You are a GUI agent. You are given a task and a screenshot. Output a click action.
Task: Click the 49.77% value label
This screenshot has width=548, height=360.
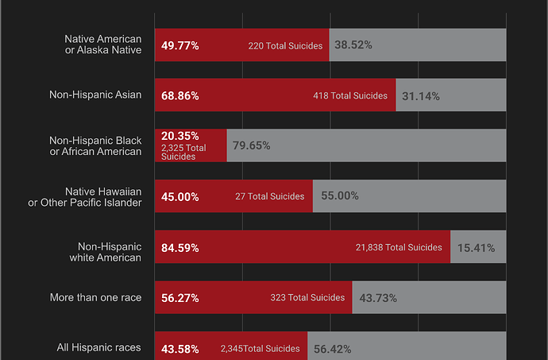point(179,46)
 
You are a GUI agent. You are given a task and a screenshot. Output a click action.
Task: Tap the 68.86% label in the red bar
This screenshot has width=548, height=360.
point(179,96)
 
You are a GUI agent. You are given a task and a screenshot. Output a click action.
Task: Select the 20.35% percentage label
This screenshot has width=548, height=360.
point(179,136)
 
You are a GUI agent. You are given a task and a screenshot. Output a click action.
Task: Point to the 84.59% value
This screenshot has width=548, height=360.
point(179,248)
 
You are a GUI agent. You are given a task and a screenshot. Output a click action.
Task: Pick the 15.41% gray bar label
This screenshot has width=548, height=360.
point(476,248)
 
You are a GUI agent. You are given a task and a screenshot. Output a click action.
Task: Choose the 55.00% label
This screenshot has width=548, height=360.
point(339,196)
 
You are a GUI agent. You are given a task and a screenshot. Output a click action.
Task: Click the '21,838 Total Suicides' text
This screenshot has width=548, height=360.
point(399,248)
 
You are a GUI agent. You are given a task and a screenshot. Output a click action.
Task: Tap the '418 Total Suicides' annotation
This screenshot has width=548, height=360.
point(350,96)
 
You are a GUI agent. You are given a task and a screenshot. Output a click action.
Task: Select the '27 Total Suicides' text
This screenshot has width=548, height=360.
point(269,196)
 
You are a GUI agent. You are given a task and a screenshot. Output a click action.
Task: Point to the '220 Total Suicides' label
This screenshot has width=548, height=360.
point(285,46)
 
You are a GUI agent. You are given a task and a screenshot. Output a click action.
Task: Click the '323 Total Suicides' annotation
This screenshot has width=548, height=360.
point(307,298)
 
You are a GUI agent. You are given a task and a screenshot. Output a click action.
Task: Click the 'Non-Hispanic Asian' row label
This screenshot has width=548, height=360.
point(95,95)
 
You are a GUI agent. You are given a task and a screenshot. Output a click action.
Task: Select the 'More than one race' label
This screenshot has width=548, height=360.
point(95,298)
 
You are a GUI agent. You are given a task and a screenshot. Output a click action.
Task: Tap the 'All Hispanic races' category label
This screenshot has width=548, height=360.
point(99,347)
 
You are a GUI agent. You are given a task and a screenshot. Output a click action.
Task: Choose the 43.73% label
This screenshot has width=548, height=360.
point(378,298)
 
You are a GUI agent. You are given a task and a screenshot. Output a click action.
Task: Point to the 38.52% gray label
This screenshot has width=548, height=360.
point(353,46)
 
